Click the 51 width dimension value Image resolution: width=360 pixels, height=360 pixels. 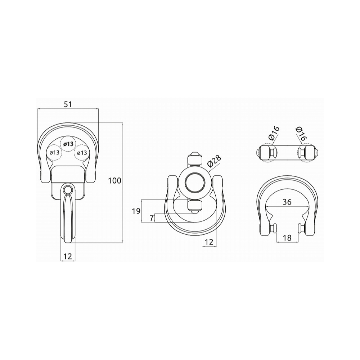68,104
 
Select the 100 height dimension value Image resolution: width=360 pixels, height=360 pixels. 114,181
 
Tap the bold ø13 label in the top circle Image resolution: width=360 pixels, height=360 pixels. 68,144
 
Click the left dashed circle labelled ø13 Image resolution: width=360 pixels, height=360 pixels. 54,152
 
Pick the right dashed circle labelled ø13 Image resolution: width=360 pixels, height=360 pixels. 82,152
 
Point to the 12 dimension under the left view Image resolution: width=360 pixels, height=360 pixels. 68,256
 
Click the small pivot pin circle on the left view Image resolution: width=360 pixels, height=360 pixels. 68,190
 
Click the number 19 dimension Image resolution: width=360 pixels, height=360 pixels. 136,211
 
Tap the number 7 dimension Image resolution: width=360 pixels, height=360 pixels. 151,218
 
